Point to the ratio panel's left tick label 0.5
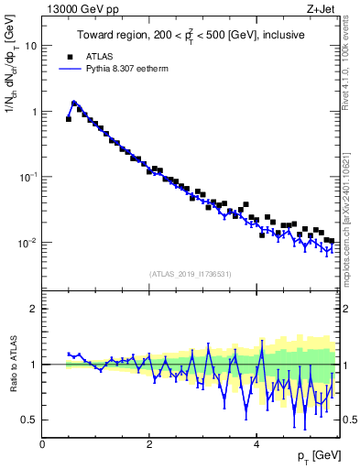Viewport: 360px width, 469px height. click(30, 420)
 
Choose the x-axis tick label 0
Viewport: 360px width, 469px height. click(42, 444)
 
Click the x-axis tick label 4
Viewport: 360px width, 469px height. click(256, 444)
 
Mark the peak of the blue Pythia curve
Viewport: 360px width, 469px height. click(73, 104)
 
